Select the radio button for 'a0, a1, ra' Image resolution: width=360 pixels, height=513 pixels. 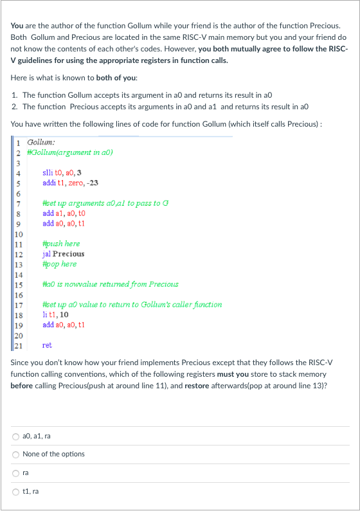point(16,435)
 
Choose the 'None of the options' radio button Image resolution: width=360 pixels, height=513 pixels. point(16,454)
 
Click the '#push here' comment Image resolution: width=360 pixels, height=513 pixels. point(60,244)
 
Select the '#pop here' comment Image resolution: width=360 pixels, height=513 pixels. point(59,264)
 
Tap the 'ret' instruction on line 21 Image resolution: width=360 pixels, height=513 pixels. point(47,345)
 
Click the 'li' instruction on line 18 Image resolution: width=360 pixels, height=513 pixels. point(44,315)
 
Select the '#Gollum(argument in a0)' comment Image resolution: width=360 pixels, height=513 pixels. point(67,152)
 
